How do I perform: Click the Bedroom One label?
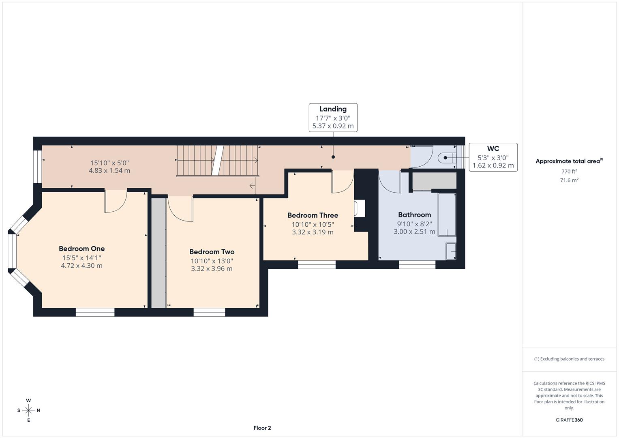(x=81, y=249)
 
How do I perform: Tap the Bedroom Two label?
(x=212, y=252)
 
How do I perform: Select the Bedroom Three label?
(x=313, y=215)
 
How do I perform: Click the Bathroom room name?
(x=414, y=215)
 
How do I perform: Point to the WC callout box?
(x=493, y=157)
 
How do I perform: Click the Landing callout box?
(x=333, y=118)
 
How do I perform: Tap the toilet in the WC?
(x=447, y=158)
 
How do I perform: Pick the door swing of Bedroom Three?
(x=342, y=182)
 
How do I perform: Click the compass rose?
(x=28, y=410)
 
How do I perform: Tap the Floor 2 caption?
(x=262, y=428)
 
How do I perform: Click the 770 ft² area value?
(x=569, y=172)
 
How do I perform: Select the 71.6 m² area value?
(x=569, y=180)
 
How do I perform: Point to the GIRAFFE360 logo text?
(x=569, y=420)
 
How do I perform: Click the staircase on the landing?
(x=217, y=161)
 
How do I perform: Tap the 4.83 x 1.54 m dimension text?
(x=109, y=171)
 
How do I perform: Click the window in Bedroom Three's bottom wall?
(x=317, y=265)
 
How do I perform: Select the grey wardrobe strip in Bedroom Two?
(x=158, y=252)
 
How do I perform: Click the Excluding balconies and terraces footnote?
(x=569, y=359)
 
